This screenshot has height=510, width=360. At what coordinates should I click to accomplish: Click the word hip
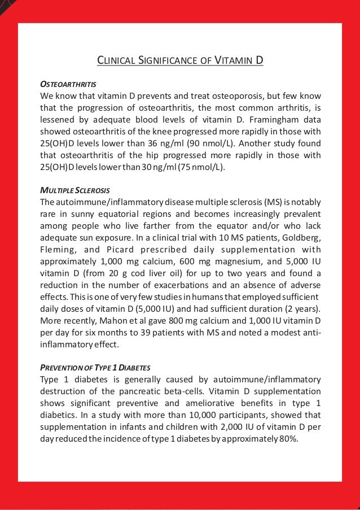[x=153, y=156]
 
